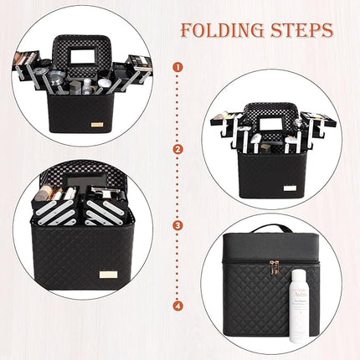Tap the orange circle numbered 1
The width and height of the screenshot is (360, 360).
[x=177, y=65]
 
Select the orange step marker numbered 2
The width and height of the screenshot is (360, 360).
[x=177, y=150]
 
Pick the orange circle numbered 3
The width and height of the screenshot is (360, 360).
[x=177, y=224]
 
